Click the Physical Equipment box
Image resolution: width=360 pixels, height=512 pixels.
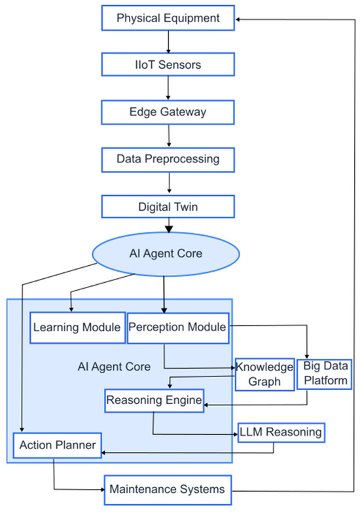point(168,18)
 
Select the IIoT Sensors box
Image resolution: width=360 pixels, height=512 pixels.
point(168,64)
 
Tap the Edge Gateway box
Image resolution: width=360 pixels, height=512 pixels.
point(168,111)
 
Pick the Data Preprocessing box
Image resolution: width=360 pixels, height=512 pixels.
point(168,158)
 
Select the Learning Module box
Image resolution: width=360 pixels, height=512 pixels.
point(77,327)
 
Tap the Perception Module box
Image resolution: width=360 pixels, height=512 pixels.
point(177,327)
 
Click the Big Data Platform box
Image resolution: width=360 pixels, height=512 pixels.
point(324,374)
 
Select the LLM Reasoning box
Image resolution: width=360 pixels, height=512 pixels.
point(281,431)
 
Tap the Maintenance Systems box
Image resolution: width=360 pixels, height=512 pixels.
point(168,488)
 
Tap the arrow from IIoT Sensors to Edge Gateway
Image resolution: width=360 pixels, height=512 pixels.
point(169,88)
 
